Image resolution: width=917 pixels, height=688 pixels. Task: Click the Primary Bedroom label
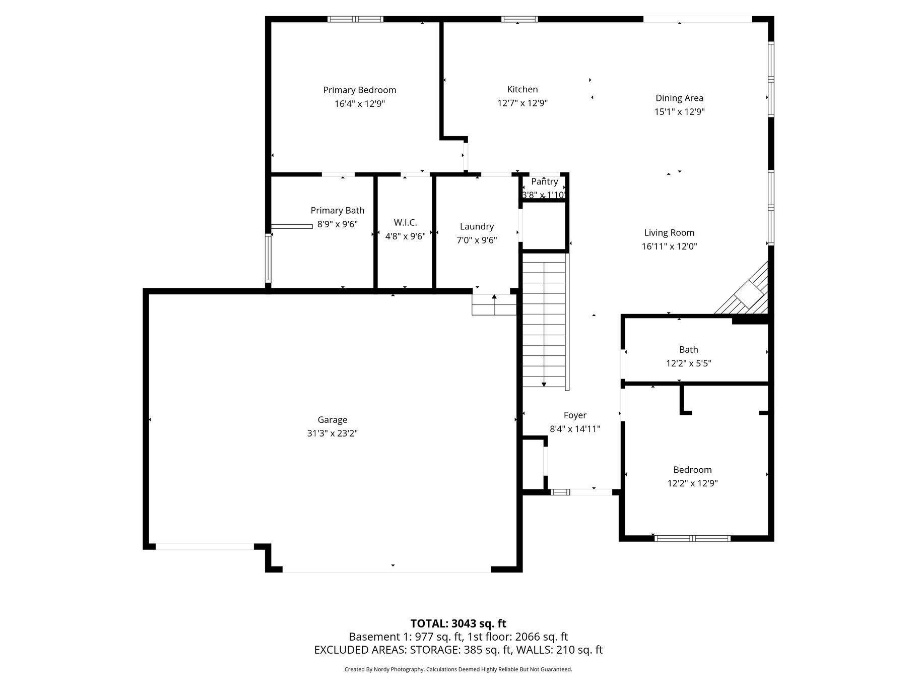pyautogui.click(x=359, y=90)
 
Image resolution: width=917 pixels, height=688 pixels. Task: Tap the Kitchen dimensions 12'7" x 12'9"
pyautogui.click(x=522, y=103)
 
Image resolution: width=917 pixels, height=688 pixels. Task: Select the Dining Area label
pyautogui.click(x=679, y=98)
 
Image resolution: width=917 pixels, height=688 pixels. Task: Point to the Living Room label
pyautogui.click(x=669, y=233)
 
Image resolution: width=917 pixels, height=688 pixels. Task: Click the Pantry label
pyautogui.click(x=544, y=181)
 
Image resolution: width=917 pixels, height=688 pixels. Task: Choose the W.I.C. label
pyautogui.click(x=405, y=223)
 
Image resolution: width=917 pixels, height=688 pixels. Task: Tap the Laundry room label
pyautogui.click(x=477, y=227)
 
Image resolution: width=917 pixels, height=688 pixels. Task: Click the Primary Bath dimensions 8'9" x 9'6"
pyautogui.click(x=337, y=224)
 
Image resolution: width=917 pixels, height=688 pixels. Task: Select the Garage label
pyautogui.click(x=332, y=420)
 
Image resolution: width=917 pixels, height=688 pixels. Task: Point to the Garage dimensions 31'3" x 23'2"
pyautogui.click(x=332, y=433)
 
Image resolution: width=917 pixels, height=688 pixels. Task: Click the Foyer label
pyautogui.click(x=575, y=415)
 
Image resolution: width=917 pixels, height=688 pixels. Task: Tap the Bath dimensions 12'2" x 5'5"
pyautogui.click(x=688, y=363)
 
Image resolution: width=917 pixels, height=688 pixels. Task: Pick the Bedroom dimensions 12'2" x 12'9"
pyautogui.click(x=692, y=483)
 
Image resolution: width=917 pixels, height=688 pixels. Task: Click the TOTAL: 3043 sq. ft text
pyautogui.click(x=458, y=623)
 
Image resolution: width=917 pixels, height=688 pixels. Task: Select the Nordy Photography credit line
pyautogui.click(x=458, y=669)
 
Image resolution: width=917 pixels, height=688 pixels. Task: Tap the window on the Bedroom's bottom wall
pyautogui.click(x=692, y=538)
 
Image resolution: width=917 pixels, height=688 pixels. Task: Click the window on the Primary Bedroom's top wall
pyautogui.click(x=355, y=19)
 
